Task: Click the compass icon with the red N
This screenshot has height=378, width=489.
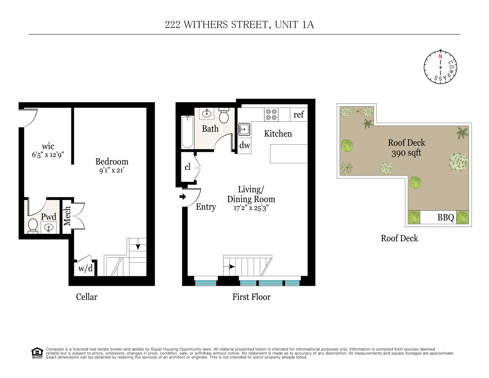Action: [440, 67]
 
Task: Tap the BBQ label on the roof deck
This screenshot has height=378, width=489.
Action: [446, 217]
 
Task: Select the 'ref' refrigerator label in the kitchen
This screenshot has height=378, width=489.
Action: [299, 115]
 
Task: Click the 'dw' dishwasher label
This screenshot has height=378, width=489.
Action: [244, 145]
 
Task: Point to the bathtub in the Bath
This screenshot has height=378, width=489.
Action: [187, 132]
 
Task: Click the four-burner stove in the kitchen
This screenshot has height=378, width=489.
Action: [271, 115]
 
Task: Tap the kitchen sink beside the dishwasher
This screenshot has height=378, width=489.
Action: [244, 130]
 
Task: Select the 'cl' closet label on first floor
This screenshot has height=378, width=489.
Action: [187, 167]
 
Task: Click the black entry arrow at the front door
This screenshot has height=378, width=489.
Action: [183, 197]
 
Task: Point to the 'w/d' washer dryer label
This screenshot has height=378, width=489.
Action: [85, 268]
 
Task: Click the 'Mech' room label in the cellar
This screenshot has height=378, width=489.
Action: [67, 216]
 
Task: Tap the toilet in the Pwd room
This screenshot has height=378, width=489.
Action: [32, 226]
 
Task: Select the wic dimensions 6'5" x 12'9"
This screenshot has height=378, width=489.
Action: [48, 155]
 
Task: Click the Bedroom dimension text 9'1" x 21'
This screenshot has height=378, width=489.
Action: [111, 170]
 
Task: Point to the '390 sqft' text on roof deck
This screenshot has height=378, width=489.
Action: [406, 153]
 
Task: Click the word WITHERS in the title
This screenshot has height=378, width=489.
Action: [206, 25]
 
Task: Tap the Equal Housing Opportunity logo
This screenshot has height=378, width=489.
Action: [37, 353]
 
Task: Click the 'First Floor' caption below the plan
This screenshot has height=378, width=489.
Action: [251, 297]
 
